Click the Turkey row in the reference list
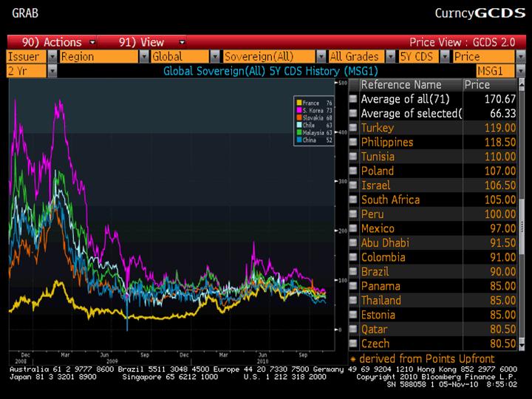tap(378, 128)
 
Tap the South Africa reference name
tap(390, 199)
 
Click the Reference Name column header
tap(400, 85)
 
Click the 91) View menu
tap(140, 42)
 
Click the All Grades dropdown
tap(359, 56)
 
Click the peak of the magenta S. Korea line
tap(57, 103)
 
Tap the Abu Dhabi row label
tap(385, 242)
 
